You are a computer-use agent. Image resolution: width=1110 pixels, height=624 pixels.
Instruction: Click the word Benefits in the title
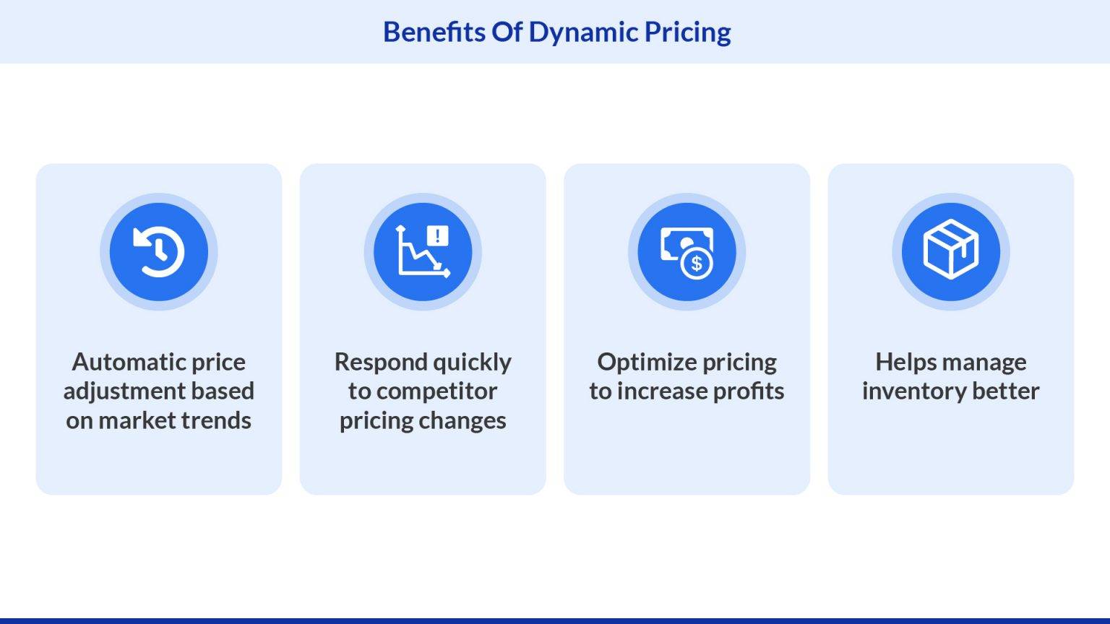434,32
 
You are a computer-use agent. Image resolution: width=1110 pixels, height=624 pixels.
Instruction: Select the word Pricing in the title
688,33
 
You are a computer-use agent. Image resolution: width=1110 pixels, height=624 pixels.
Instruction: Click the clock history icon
159,251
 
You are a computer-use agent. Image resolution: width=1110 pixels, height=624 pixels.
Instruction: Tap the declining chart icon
423,251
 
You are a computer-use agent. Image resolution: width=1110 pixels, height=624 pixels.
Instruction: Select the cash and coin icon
687,253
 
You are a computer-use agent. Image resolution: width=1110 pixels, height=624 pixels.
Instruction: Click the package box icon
951,249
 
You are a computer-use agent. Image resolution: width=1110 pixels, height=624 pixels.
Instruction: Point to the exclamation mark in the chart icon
437,235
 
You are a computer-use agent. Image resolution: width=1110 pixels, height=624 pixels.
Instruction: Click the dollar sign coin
697,264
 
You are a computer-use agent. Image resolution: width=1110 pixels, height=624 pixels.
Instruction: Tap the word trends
216,420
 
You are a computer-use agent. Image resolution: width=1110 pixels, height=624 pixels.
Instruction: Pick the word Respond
381,363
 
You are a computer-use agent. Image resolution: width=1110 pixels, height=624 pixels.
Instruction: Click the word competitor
436,391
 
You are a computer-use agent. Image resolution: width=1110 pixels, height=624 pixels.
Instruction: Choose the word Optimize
647,363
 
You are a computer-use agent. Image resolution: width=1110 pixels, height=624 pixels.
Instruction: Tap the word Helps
906,363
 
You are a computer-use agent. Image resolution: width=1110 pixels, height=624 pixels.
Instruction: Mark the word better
1006,391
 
